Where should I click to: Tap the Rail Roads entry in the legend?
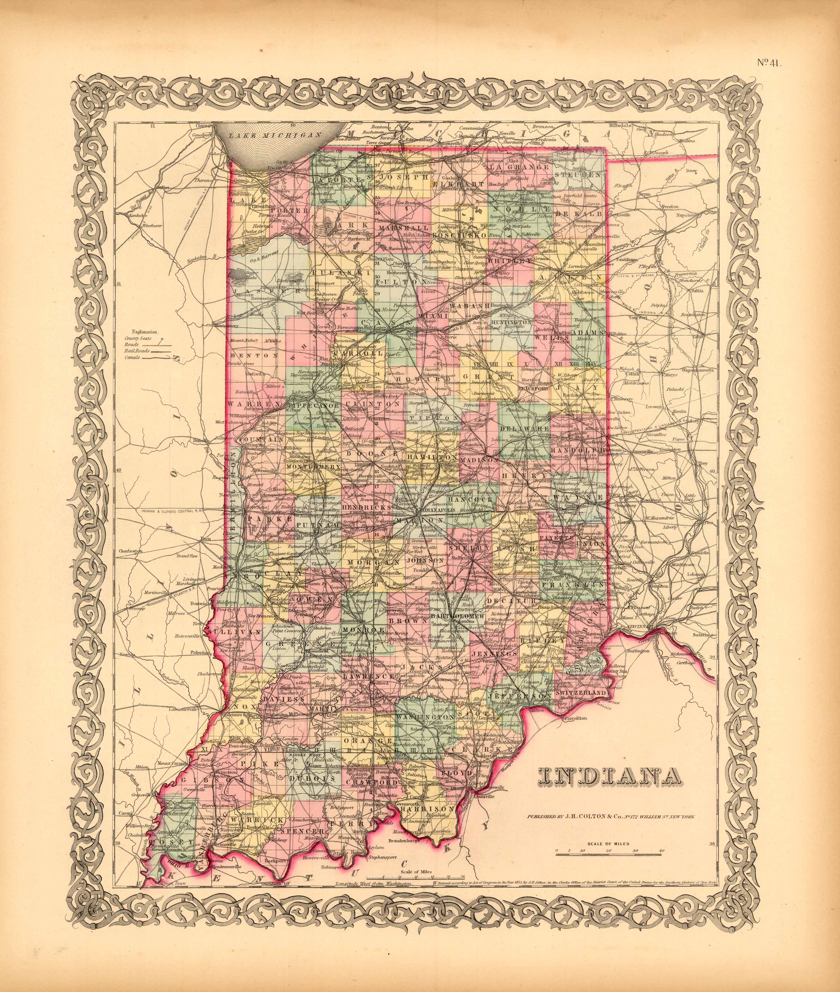137,350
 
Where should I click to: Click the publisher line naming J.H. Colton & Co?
610,816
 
